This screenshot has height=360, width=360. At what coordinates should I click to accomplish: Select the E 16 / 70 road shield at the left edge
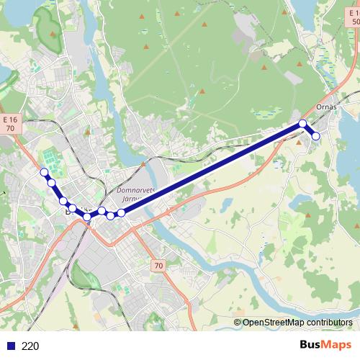9,123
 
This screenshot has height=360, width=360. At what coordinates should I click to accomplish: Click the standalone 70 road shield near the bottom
158,266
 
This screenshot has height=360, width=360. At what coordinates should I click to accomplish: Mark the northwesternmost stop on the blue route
45,172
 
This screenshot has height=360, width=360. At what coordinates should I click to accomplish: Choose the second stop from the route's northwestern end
52,183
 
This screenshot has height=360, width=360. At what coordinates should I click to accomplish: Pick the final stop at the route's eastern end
315,136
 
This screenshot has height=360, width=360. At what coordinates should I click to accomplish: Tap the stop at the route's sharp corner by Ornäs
303,123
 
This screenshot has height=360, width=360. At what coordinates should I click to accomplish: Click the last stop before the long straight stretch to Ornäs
122,212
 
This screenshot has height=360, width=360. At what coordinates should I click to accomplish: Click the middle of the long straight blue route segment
212,168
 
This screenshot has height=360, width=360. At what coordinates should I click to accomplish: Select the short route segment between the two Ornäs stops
310,130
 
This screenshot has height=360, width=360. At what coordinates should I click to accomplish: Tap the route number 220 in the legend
30,346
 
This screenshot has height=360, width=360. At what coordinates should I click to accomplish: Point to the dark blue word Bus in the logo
312,345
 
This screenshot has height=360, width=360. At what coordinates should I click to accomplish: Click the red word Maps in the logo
338,345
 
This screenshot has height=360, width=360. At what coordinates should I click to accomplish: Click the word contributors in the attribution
330,323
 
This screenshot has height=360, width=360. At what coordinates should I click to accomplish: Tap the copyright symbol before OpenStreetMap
238,323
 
